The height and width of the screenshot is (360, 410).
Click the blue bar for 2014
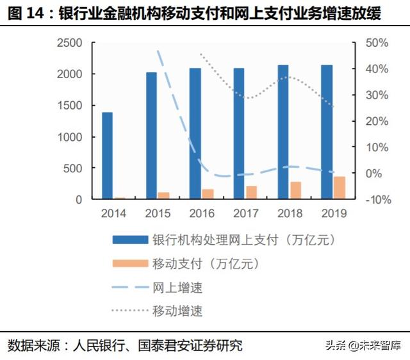(107, 156)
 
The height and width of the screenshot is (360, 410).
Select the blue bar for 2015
(151, 136)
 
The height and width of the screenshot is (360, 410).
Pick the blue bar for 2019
(327, 132)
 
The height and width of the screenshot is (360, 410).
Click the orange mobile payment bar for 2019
(340, 188)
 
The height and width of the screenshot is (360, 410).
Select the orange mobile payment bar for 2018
(295, 190)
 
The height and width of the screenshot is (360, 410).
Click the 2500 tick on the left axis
(70, 43)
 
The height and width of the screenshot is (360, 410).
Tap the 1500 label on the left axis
(70, 106)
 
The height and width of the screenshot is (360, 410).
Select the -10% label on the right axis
(375, 200)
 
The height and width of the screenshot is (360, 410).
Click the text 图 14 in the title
(28, 13)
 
